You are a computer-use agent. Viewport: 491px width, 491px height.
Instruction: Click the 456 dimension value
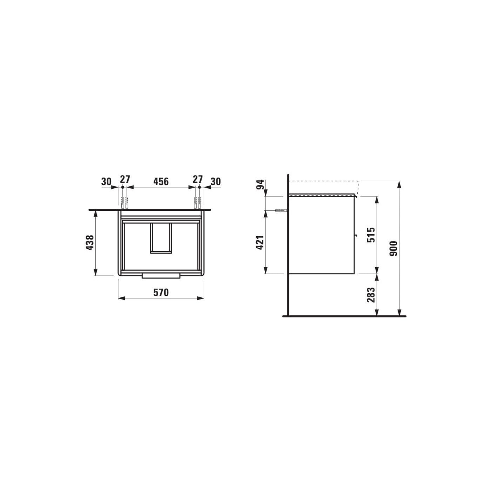click(x=161, y=181)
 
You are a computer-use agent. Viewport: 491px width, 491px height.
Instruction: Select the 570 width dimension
click(x=161, y=292)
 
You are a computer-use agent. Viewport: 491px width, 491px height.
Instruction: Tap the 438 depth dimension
click(x=90, y=242)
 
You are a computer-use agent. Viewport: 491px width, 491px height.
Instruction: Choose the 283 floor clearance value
click(x=371, y=295)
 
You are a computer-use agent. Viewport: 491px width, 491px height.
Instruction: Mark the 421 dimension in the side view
click(x=260, y=242)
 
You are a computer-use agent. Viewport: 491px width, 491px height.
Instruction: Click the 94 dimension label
click(x=260, y=184)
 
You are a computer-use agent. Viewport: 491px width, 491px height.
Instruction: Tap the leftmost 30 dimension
click(x=106, y=181)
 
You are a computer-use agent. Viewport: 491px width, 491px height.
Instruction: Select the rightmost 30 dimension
click(x=216, y=181)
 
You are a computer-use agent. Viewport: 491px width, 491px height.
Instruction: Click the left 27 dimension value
click(x=125, y=179)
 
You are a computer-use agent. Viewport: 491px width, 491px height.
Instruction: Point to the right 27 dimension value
click(x=198, y=179)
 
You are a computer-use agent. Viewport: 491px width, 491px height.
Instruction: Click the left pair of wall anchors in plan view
click(x=125, y=203)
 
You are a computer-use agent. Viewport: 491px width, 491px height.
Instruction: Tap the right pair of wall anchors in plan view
click(x=197, y=203)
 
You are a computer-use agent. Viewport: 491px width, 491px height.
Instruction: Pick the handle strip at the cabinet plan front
click(x=161, y=275)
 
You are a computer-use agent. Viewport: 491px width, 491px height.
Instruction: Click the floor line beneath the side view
click(x=344, y=316)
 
